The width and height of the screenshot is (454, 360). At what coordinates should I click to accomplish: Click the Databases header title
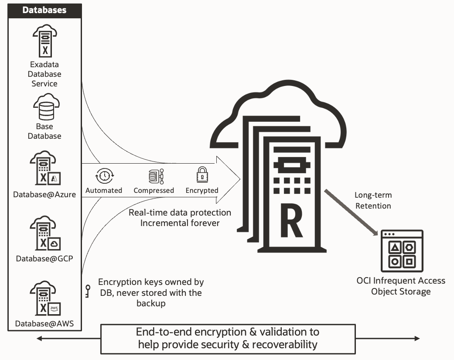(x=45, y=10)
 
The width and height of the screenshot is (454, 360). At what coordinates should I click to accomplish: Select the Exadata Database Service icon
(x=44, y=41)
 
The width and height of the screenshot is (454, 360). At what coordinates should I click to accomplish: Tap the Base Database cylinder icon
(x=46, y=108)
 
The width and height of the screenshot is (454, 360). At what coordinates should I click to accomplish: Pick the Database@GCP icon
(x=45, y=234)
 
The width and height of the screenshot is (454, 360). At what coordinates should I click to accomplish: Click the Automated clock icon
(x=104, y=176)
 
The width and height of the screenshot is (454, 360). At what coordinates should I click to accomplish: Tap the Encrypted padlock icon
(x=202, y=175)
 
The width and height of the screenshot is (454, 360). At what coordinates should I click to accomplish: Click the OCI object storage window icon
(x=402, y=250)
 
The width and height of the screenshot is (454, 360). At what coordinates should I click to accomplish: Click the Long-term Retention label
(x=372, y=200)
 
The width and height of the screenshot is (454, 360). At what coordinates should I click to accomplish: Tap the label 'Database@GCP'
(x=44, y=258)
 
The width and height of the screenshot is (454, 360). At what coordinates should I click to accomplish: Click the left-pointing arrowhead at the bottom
(x=39, y=339)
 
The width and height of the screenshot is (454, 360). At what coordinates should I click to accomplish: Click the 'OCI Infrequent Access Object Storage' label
(x=401, y=286)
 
